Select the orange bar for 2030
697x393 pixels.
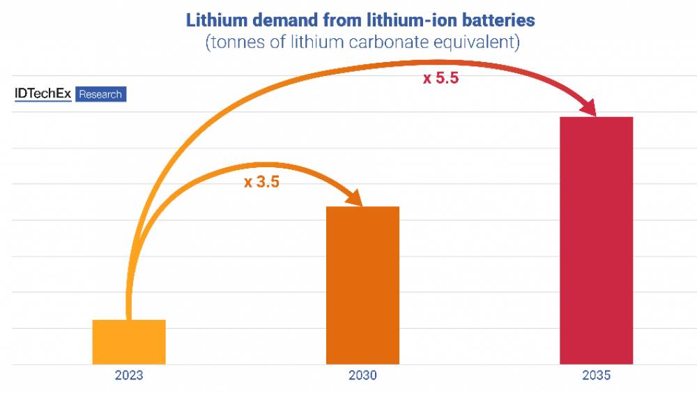(362, 285)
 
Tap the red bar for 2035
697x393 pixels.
(596, 240)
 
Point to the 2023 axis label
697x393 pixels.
(129, 376)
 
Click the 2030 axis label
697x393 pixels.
(362, 376)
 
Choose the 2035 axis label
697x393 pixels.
(596, 376)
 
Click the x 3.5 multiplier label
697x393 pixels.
(261, 183)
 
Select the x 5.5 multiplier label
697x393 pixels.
(441, 79)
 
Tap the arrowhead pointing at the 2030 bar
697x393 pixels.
(353, 198)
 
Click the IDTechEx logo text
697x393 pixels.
(43, 94)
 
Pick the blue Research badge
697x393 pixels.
(100, 94)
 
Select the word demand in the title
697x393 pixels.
(283, 20)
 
